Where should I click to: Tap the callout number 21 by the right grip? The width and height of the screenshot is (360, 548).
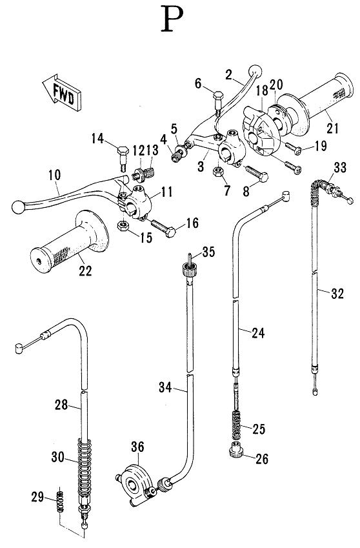pyautogui.click(x=332, y=128)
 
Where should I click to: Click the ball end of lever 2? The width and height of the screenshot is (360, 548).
pyautogui.click(x=255, y=70)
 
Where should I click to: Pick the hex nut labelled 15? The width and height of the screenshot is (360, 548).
pyautogui.click(x=121, y=226)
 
